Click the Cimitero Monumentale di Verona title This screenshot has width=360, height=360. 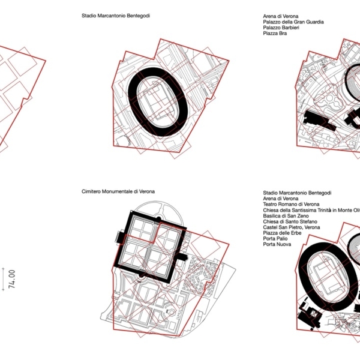click(118, 191)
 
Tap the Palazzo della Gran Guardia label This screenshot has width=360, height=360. click(293, 22)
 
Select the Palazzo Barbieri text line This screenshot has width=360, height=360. click(281, 28)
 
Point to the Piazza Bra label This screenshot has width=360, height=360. click(275, 33)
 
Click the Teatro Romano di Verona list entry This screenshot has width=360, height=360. click(291, 205)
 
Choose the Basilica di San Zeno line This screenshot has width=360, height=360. click(286, 216)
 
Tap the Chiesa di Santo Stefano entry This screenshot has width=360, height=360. click(290, 221)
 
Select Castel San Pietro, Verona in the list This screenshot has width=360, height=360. click(292, 227)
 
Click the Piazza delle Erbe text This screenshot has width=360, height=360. click(282, 233)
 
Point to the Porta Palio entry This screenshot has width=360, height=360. click(275, 239)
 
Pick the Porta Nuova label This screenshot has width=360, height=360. click(277, 244)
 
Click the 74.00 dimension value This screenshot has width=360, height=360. click(11, 279)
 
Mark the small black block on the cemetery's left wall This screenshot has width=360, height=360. click(120, 237)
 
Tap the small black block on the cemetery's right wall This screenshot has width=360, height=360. click(182, 257)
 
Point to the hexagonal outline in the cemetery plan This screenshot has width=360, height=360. click(172, 312)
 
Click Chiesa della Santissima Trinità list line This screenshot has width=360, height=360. click(311, 210)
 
